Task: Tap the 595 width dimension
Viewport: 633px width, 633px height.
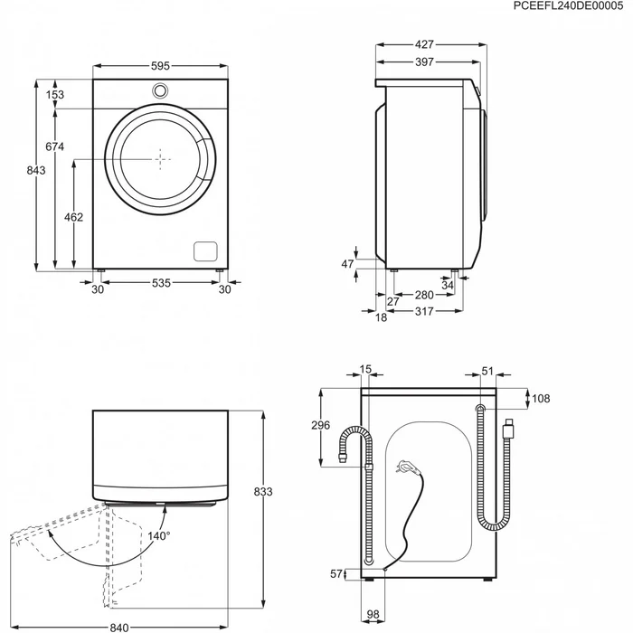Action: (160, 66)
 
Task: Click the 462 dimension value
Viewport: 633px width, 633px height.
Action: (74, 217)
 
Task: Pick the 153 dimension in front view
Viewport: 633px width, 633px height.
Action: (56, 94)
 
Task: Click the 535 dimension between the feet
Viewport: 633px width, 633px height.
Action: (160, 283)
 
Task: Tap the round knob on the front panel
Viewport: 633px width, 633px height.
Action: (160, 90)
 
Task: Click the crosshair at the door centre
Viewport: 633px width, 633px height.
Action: (160, 159)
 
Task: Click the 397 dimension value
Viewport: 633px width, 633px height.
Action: (425, 62)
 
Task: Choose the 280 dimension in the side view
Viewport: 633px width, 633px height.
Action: (424, 295)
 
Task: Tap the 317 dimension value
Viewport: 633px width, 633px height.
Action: (424, 311)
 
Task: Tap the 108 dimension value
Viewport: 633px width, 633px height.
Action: (539, 398)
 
